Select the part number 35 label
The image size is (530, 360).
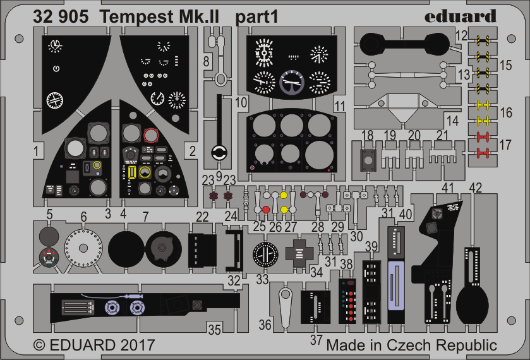click(215, 329)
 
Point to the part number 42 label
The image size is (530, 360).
click(476, 187)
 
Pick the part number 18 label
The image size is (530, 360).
click(368, 136)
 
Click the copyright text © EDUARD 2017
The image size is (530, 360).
click(93, 345)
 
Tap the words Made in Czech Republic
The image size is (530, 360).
click(411, 345)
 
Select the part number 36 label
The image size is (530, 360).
click(265, 325)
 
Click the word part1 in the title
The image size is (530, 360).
click(257, 16)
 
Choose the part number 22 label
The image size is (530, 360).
click(202, 217)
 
